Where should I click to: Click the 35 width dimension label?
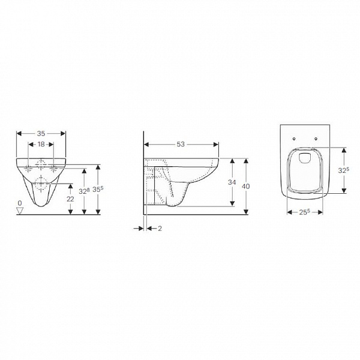tap(41, 133)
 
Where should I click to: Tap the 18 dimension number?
tap(41, 144)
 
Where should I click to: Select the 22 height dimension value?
tap(70, 199)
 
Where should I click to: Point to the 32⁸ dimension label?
tap(84, 191)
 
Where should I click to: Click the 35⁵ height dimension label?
tap(98, 190)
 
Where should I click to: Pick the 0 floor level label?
tap(20, 203)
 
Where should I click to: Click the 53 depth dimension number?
tap(181, 144)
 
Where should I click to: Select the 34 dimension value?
tap(232, 182)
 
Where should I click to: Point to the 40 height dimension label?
tap(246, 186)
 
